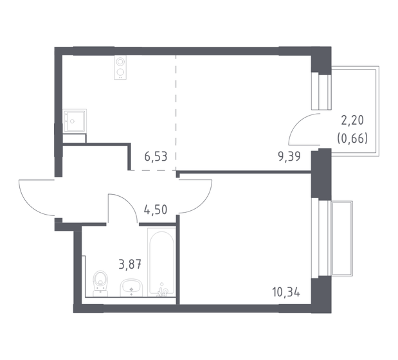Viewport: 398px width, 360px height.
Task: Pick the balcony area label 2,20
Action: (x=352, y=121)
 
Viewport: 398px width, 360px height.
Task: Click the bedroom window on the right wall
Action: (x=315, y=239)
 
